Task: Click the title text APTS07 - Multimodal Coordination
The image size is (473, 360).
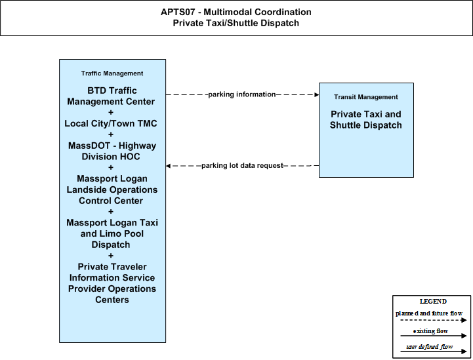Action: coord(236,12)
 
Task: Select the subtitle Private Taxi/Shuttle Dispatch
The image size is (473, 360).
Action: coord(236,23)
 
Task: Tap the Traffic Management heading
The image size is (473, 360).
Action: coord(112,73)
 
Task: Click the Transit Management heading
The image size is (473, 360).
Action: coord(366,97)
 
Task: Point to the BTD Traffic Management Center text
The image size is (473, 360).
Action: coord(111,96)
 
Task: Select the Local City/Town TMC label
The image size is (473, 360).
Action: coord(111,123)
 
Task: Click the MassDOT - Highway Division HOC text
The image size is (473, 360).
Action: coord(112,151)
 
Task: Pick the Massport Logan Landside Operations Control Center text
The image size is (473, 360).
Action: coord(112,190)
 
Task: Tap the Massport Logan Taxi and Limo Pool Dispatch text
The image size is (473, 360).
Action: coord(112,233)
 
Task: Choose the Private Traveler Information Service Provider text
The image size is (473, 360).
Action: coord(112,277)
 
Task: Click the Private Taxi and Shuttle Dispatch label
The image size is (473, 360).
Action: coord(366,119)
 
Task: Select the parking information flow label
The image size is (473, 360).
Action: coord(242,94)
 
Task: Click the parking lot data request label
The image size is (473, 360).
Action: coord(242,165)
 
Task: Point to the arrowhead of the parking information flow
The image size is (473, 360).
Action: coord(317,94)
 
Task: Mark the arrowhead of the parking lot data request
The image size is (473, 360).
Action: coord(168,166)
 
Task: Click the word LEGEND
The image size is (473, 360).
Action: coord(433,301)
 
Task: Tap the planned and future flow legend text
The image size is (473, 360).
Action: coord(429,313)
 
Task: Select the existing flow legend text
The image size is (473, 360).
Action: coord(430,330)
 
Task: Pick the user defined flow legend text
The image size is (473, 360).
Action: coord(430,347)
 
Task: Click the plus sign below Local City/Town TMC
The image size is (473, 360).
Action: coord(111,134)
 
